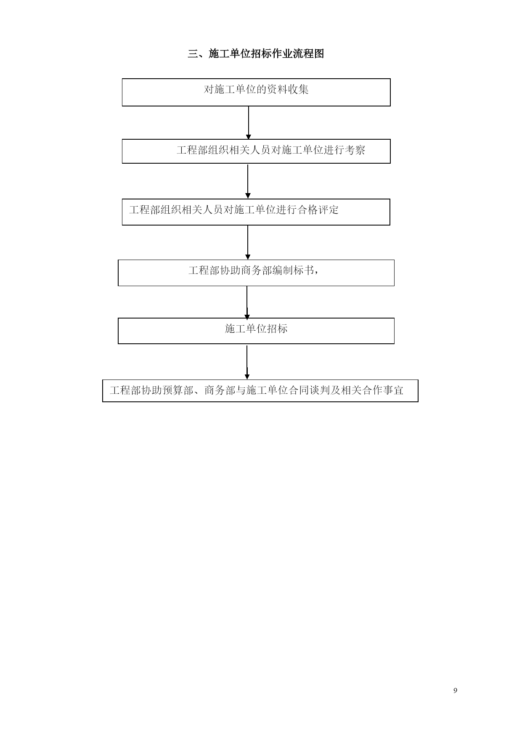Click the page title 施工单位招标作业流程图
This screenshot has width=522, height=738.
click(x=266, y=54)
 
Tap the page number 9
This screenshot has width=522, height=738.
click(x=455, y=690)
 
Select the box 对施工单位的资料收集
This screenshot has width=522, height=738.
click(x=256, y=92)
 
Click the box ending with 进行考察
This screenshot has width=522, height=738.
click(x=256, y=151)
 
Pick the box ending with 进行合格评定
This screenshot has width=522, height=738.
click(x=256, y=212)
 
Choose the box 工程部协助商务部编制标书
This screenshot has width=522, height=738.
click(x=256, y=273)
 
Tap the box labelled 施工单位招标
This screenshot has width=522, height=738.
click(x=256, y=331)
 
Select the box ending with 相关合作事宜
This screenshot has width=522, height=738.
click(x=260, y=391)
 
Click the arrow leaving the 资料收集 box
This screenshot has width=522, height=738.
click(x=249, y=122)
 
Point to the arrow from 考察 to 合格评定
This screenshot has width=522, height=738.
click(x=248, y=181)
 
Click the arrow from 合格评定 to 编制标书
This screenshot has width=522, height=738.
click(x=248, y=242)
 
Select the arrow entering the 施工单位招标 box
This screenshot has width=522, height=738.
click(x=247, y=302)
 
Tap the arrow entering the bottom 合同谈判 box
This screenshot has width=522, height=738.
click(x=247, y=362)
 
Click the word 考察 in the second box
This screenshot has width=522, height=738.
click(x=355, y=150)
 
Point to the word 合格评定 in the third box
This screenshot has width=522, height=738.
click(x=318, y=210)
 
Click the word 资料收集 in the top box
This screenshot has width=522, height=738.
click(x=288, y=89)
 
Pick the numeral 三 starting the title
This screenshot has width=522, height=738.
click(x=193, y=54)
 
